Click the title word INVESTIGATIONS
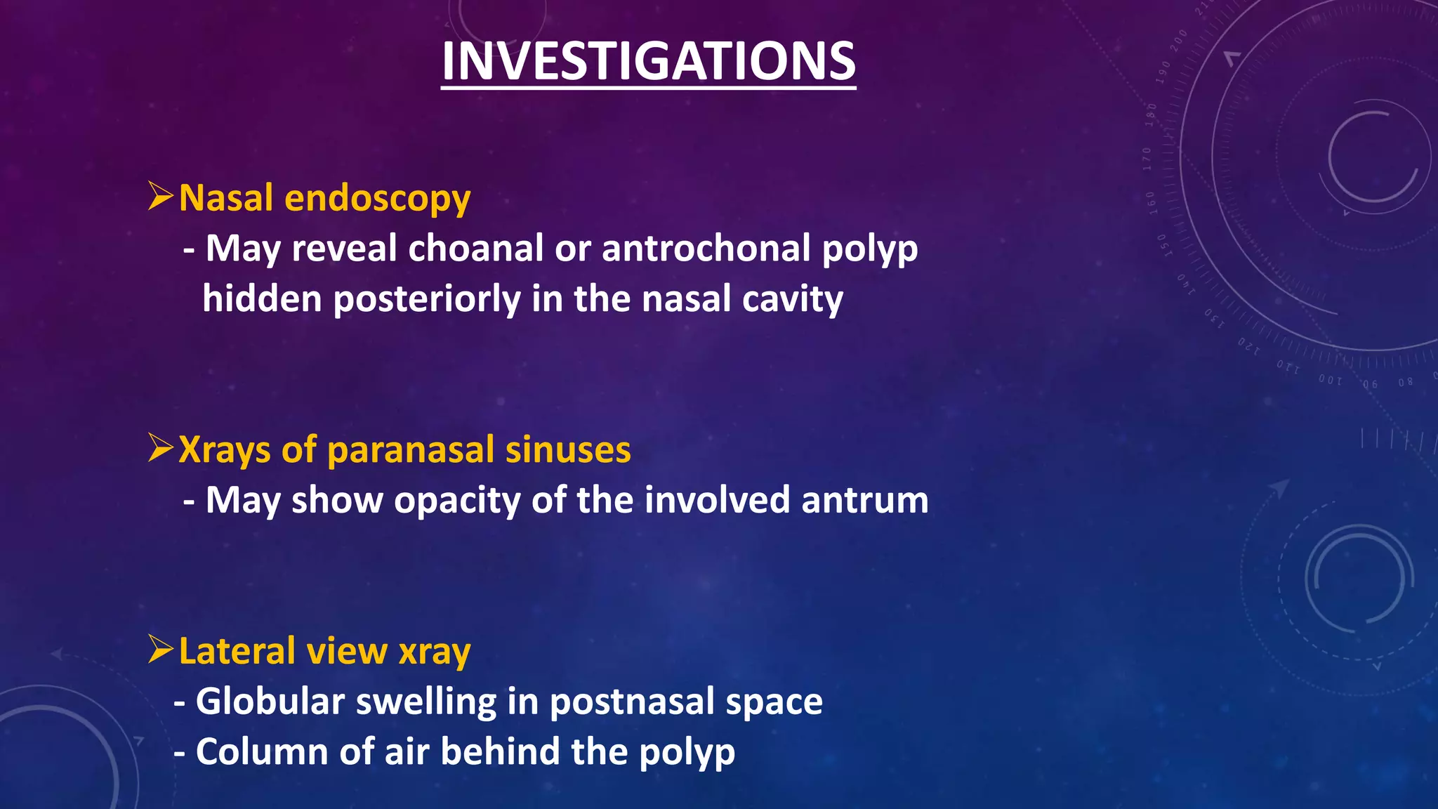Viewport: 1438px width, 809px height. (648, 62)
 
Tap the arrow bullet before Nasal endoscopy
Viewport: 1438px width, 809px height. (160, 196)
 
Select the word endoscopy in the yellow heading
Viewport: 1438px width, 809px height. (377, 199)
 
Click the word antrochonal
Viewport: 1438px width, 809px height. (706, 249)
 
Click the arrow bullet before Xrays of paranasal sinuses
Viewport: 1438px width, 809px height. (160, 447)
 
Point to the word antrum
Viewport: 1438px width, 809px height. (864, 501)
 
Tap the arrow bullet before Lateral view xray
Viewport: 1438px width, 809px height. (160, 650)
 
